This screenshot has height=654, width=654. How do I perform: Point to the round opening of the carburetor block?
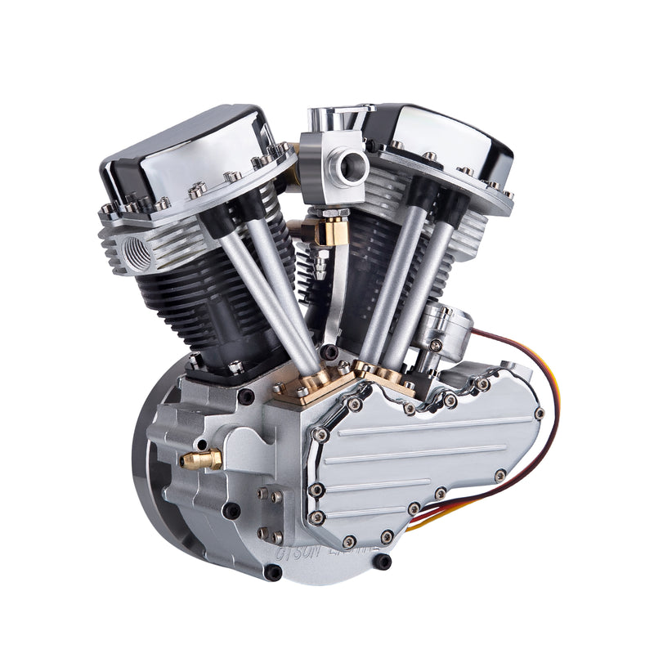click(353, 167)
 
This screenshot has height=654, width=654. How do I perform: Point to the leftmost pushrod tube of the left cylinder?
click(262, 286)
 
